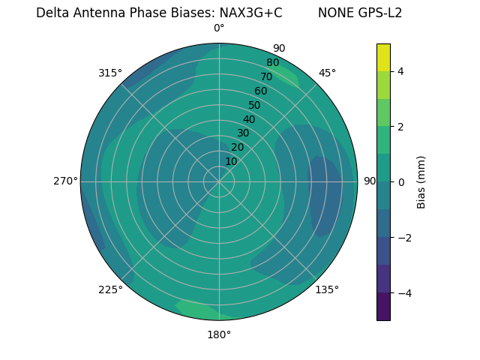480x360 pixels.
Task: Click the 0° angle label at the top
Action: coord(219,28)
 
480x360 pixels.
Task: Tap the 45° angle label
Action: coord(327,73)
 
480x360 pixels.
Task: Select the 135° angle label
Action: coord(327,289)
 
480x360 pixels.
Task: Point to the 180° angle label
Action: coord(219,334)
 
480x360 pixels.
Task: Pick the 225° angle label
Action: coord(110,290)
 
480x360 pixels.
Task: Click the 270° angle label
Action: coord(65,181)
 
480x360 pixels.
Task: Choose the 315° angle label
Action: coord(110,73)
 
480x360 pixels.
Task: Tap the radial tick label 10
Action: coord(231,161)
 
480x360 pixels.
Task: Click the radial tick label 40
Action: coord(249,119)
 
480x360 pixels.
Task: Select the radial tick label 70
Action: coord(266,76)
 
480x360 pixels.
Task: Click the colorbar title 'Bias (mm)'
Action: coord(421,182)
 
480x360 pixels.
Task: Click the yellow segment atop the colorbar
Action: coord(384,58)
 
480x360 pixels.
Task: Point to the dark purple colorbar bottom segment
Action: coord(384,307)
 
